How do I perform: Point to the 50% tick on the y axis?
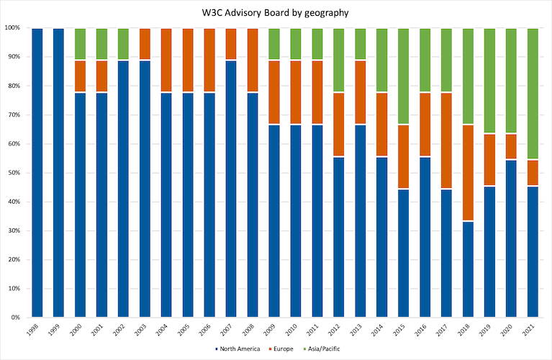pyautogui.click(x=15, y=173)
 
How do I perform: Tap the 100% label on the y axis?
pyautogui.click(x=14, y=28)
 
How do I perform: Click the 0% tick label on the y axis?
pyautogui.click(x=17, y=318)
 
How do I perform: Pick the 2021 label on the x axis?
pyautogui.click(x=531, y=330)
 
